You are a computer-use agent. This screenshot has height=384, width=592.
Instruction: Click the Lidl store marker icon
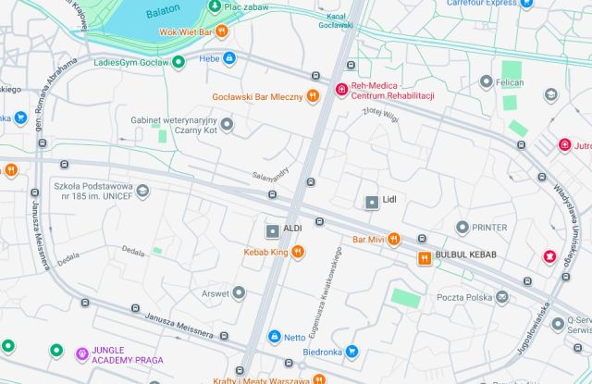(371, 202)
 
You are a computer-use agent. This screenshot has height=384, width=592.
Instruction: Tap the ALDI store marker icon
(272, 229)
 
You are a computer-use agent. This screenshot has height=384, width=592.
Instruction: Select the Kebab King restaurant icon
(298, 252)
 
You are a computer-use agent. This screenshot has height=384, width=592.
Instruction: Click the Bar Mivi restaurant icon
(394, 239)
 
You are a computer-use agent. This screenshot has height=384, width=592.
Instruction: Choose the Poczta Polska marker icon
(502, 297)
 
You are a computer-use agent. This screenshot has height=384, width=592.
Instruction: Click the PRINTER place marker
(462, 228)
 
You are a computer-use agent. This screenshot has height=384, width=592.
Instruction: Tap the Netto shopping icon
(274, 337)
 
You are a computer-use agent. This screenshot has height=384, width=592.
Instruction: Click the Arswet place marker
(239, 293)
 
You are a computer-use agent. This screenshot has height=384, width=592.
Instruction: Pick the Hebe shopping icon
(229, 58)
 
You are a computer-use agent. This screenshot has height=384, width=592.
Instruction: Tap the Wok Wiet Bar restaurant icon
(222, 31)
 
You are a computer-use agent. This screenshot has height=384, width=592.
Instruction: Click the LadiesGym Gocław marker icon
(179, 63)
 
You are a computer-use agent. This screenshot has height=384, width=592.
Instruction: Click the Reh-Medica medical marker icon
(341, 91)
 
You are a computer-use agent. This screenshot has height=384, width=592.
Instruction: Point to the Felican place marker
(486, 83)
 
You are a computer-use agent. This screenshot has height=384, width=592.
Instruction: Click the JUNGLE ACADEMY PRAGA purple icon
(82, 353)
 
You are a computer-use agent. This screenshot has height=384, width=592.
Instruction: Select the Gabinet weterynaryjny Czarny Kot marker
(227, 124)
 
